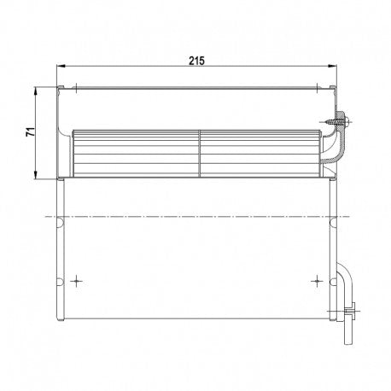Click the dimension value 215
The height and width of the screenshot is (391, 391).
tap(196, 61)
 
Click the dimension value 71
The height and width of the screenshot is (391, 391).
tap(31, 131)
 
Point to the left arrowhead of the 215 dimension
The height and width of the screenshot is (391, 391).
tap(61, 66)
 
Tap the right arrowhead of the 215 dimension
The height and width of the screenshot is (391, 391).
tap(332, 66)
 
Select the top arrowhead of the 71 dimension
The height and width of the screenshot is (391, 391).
tap(36, 92)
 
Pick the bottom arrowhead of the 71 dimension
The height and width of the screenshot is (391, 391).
tap(36, 175)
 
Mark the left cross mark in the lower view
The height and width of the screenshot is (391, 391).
tap(76, 282)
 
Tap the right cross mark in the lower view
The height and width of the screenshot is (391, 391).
tap(317, 282)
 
